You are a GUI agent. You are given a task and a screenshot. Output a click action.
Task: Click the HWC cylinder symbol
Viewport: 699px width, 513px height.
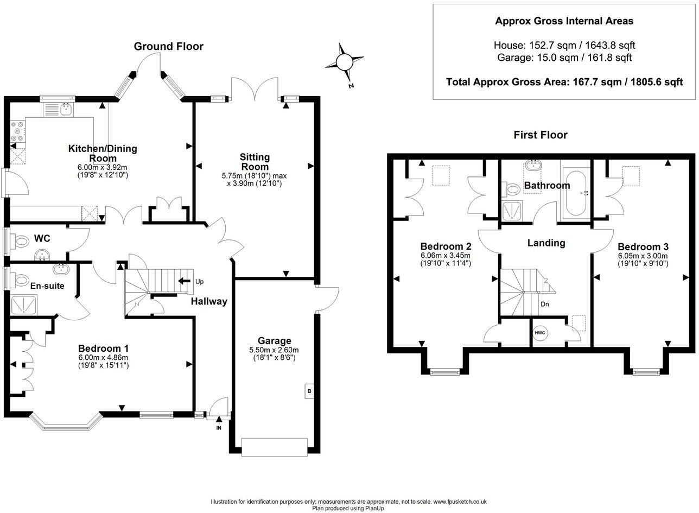pyautogui.click(x=540, y=333)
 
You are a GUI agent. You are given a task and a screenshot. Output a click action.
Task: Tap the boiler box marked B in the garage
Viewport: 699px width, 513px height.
pyautogui.click(x=309, y=391)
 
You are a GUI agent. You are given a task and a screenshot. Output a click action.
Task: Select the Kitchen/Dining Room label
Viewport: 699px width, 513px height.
pyautogui.click(x=103, y=153)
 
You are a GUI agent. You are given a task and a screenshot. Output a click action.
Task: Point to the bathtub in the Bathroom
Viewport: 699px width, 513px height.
pyautogui.click(x=576, y=193)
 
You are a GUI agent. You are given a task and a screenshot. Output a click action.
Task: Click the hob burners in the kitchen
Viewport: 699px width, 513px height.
pyautogui.click(x=18, y=131)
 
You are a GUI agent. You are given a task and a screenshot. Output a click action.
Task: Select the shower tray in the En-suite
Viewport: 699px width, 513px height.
pyautogui.click(x=24, y=305)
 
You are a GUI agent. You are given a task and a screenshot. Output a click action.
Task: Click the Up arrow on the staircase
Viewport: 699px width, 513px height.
pyautogui.click(x=185, y=281)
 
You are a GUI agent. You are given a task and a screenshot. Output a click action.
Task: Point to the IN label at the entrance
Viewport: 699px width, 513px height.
pyautogui.click(x=219, y=428)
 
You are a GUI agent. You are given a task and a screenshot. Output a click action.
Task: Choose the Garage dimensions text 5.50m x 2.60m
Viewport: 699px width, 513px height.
pyautogui.click(x=274, y=350)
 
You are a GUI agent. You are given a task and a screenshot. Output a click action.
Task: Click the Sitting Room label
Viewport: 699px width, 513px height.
pyautogui.click(x=255, y=161)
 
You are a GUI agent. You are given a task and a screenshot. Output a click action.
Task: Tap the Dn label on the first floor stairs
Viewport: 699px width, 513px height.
pyautogui.click(x=544, y=304)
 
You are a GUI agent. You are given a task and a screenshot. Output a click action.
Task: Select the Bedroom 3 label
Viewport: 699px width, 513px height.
pyautogui.click(x=643, y=247)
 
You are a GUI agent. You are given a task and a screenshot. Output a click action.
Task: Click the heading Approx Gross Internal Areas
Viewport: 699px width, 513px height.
pyautogui.click(x=564, y=21)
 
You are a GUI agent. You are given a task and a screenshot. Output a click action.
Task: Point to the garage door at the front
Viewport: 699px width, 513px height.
pyautogui.click(x=274, y=447)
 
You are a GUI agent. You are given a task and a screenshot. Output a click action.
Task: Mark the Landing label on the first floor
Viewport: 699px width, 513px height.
pyautogui.click(x=546, y=243)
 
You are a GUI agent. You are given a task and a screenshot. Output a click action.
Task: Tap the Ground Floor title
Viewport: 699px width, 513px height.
pyautogui.click(x=168, y=46)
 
